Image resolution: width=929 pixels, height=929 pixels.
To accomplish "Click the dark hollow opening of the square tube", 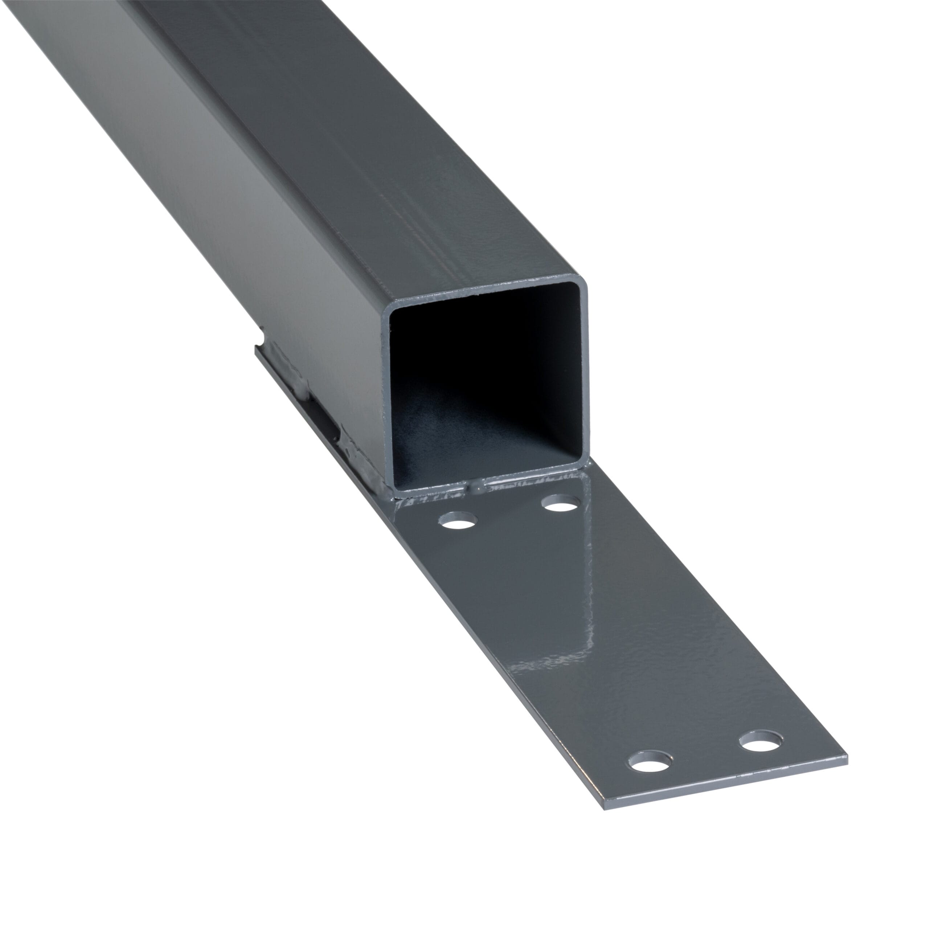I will (x=486, y=365).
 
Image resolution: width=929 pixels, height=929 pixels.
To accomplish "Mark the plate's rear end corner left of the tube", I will (x=256, y=347).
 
